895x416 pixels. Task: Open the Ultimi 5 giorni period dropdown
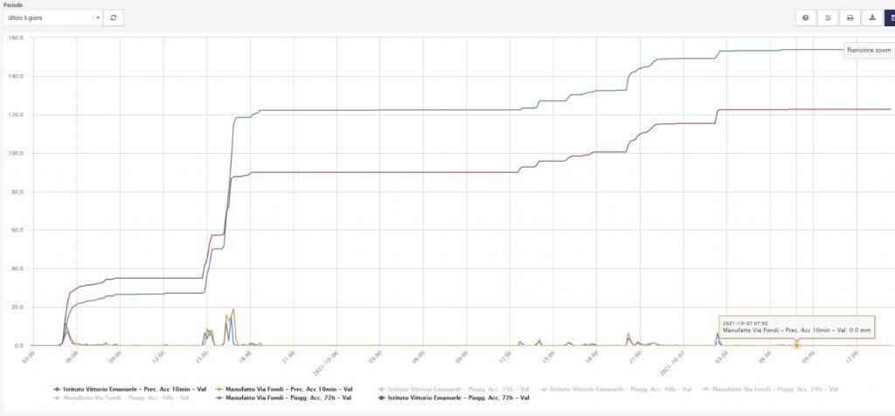tap(54, 17)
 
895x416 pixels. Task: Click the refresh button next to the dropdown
tap(113, 17)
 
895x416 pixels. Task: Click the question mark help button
tap(804, 17)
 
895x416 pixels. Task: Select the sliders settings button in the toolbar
tap(827, 17)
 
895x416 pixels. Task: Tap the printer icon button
tap(849, 17)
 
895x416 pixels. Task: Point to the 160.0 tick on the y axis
tap(15, 38)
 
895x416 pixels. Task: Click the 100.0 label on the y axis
tap(15, 153)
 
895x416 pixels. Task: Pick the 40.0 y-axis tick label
tap(15, 268)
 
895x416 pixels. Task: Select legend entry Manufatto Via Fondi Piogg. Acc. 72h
tap(284, 398)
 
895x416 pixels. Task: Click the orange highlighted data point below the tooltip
tap(796, 345)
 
